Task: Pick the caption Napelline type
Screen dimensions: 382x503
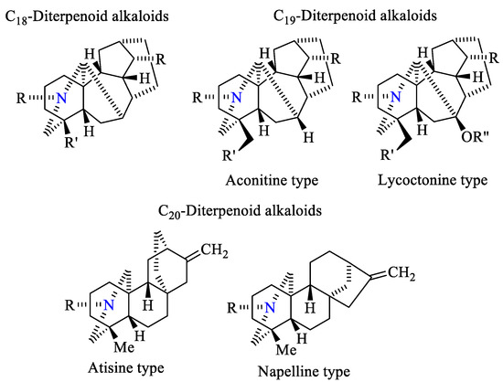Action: coord(302,371)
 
